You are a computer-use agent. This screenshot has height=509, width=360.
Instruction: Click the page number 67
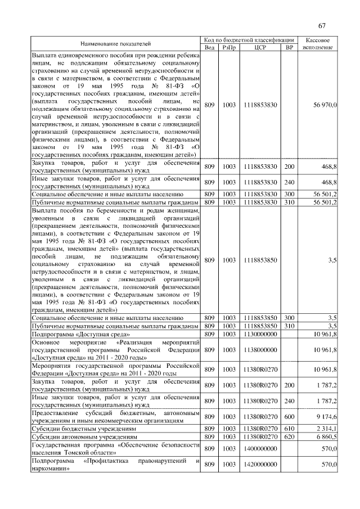[x=322, y=25]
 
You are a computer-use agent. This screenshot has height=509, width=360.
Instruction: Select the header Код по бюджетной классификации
[x=249, y=40]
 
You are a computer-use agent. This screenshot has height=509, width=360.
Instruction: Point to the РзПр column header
[x=229, y=47]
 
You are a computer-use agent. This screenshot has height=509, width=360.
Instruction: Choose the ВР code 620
[x=289, y=436]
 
